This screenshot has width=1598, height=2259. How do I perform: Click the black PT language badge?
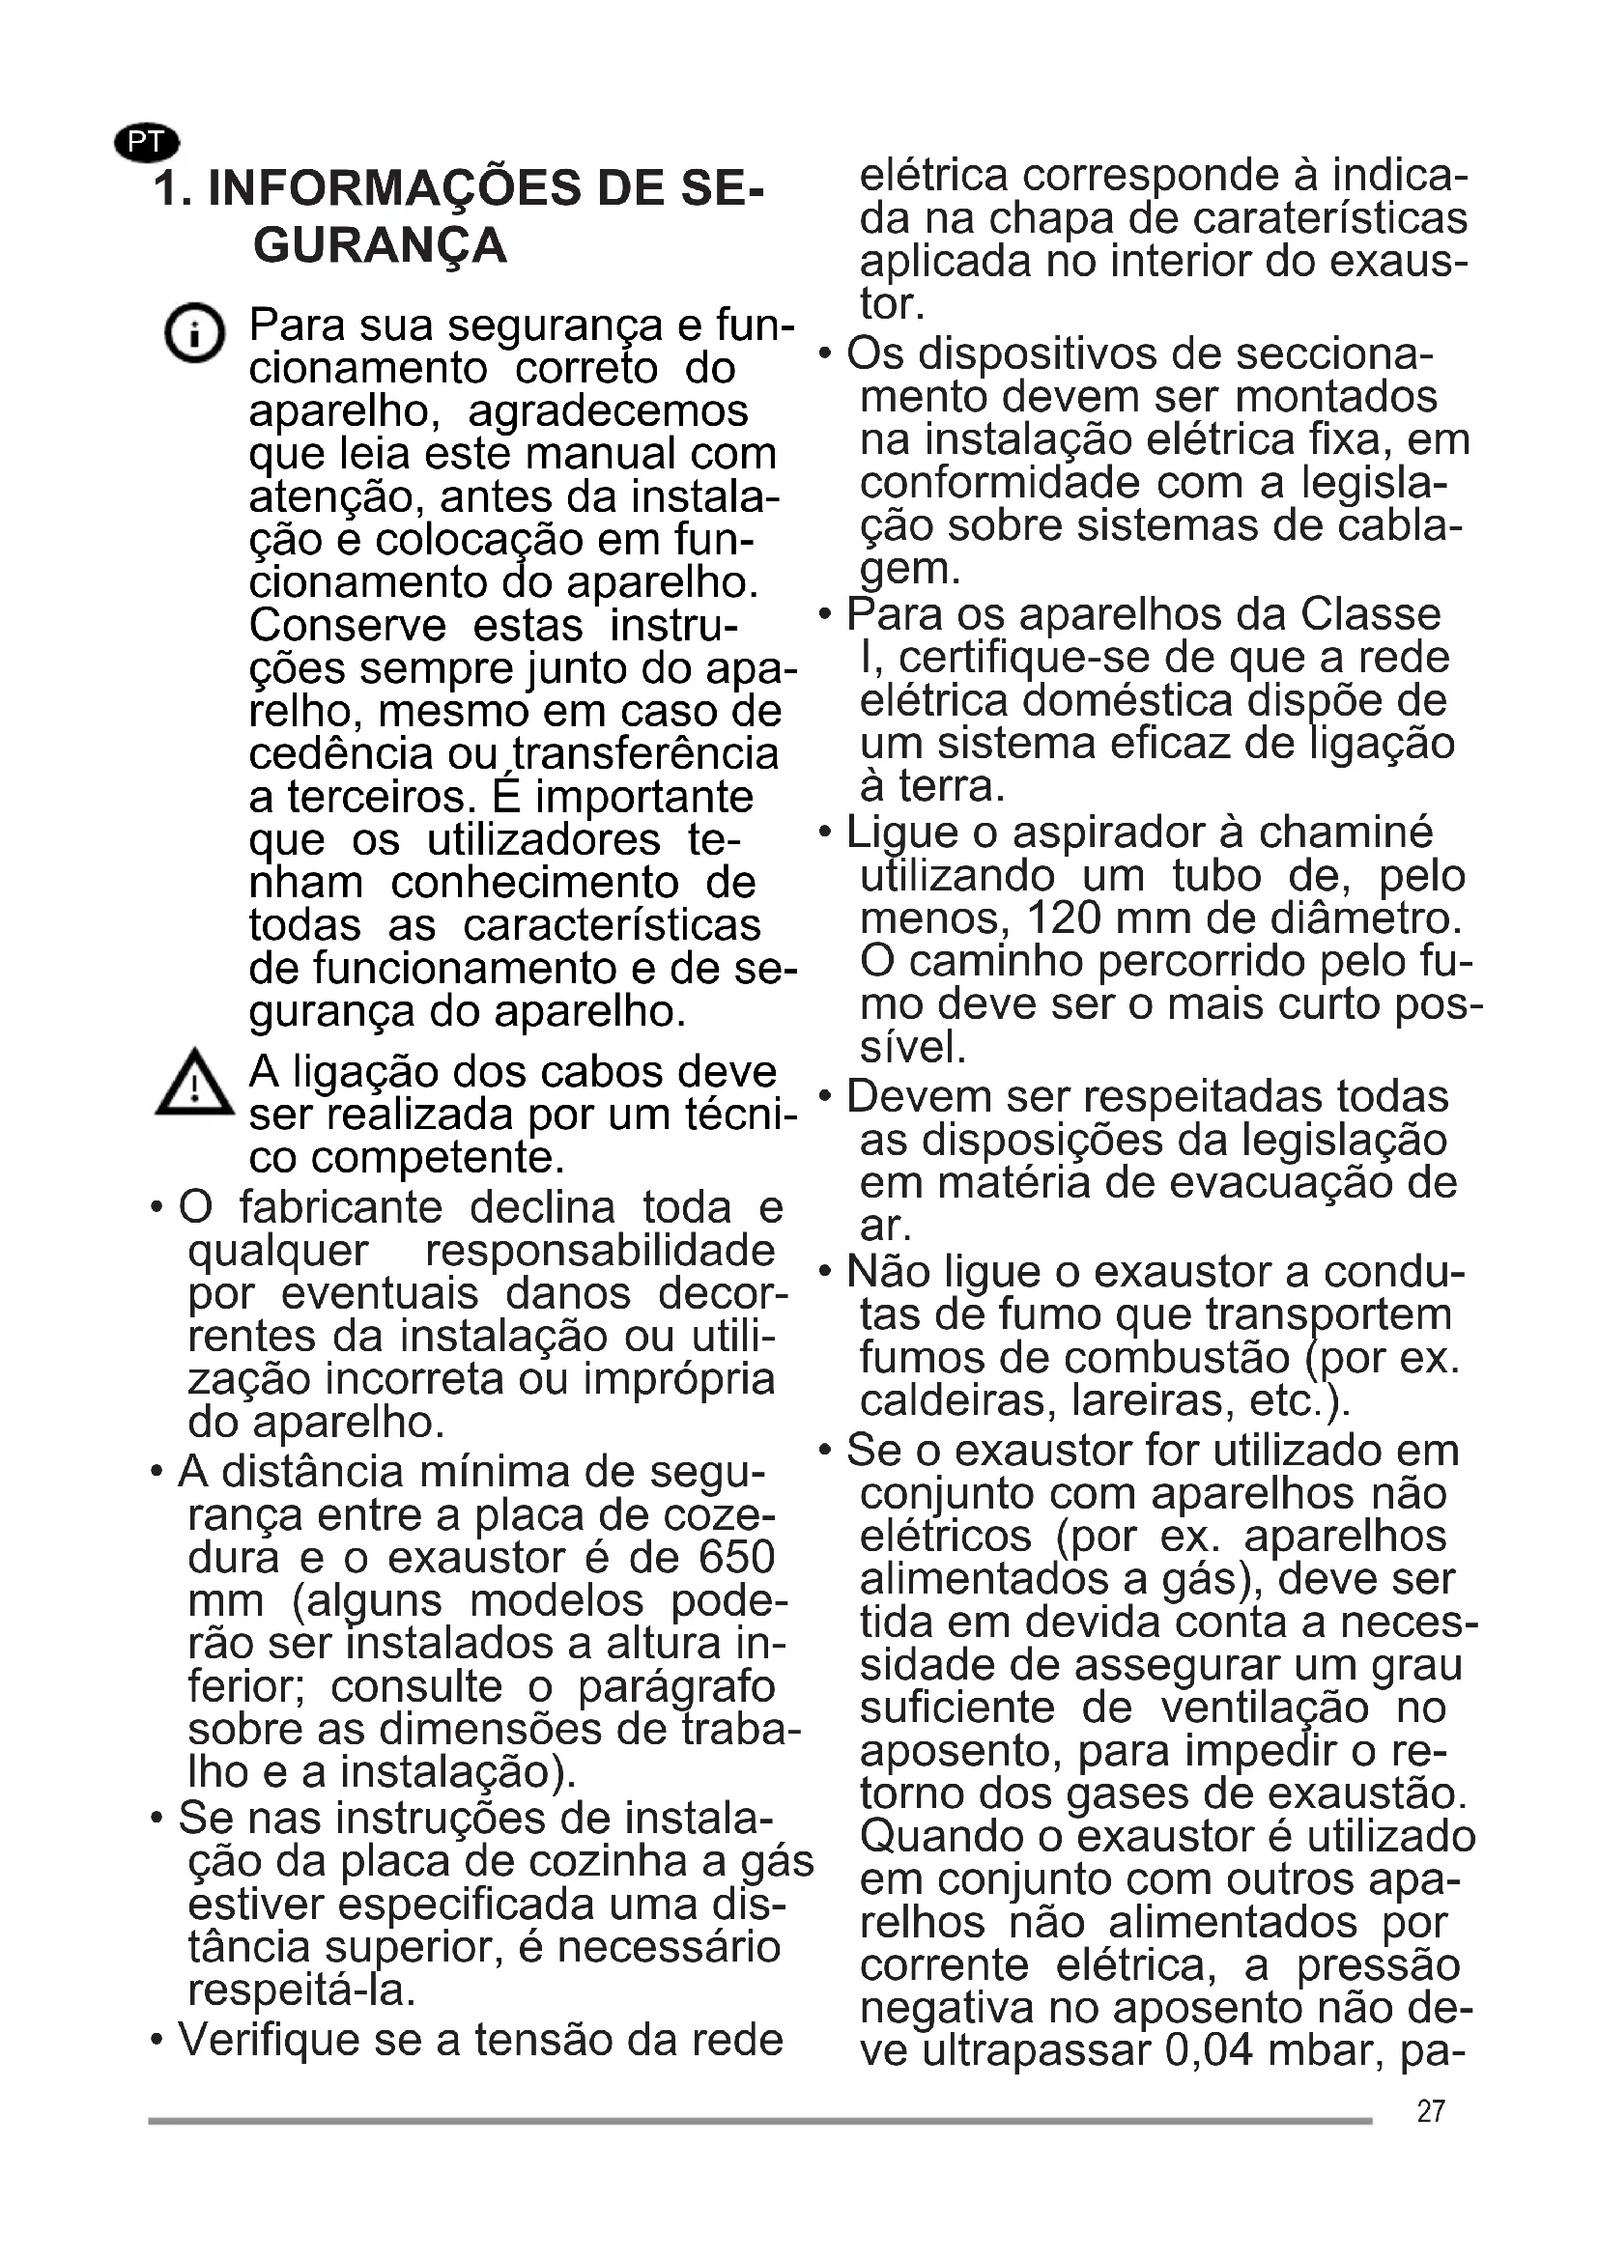tap(147, 143)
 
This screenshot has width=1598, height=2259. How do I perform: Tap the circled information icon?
tap(194, 333)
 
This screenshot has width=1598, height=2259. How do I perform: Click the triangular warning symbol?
tap(195, 1084)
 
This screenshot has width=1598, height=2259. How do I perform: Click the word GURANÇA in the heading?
tap(380, 246)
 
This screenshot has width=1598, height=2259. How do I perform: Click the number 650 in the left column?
tap(736, 1558)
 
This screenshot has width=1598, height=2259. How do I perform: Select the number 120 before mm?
tap(1064, 918)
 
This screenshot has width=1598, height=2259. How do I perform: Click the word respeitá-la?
tap(302, 1991)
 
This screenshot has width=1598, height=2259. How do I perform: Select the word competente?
tap(437, 1158)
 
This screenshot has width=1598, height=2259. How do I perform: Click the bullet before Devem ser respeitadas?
tap(825, 1096)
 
